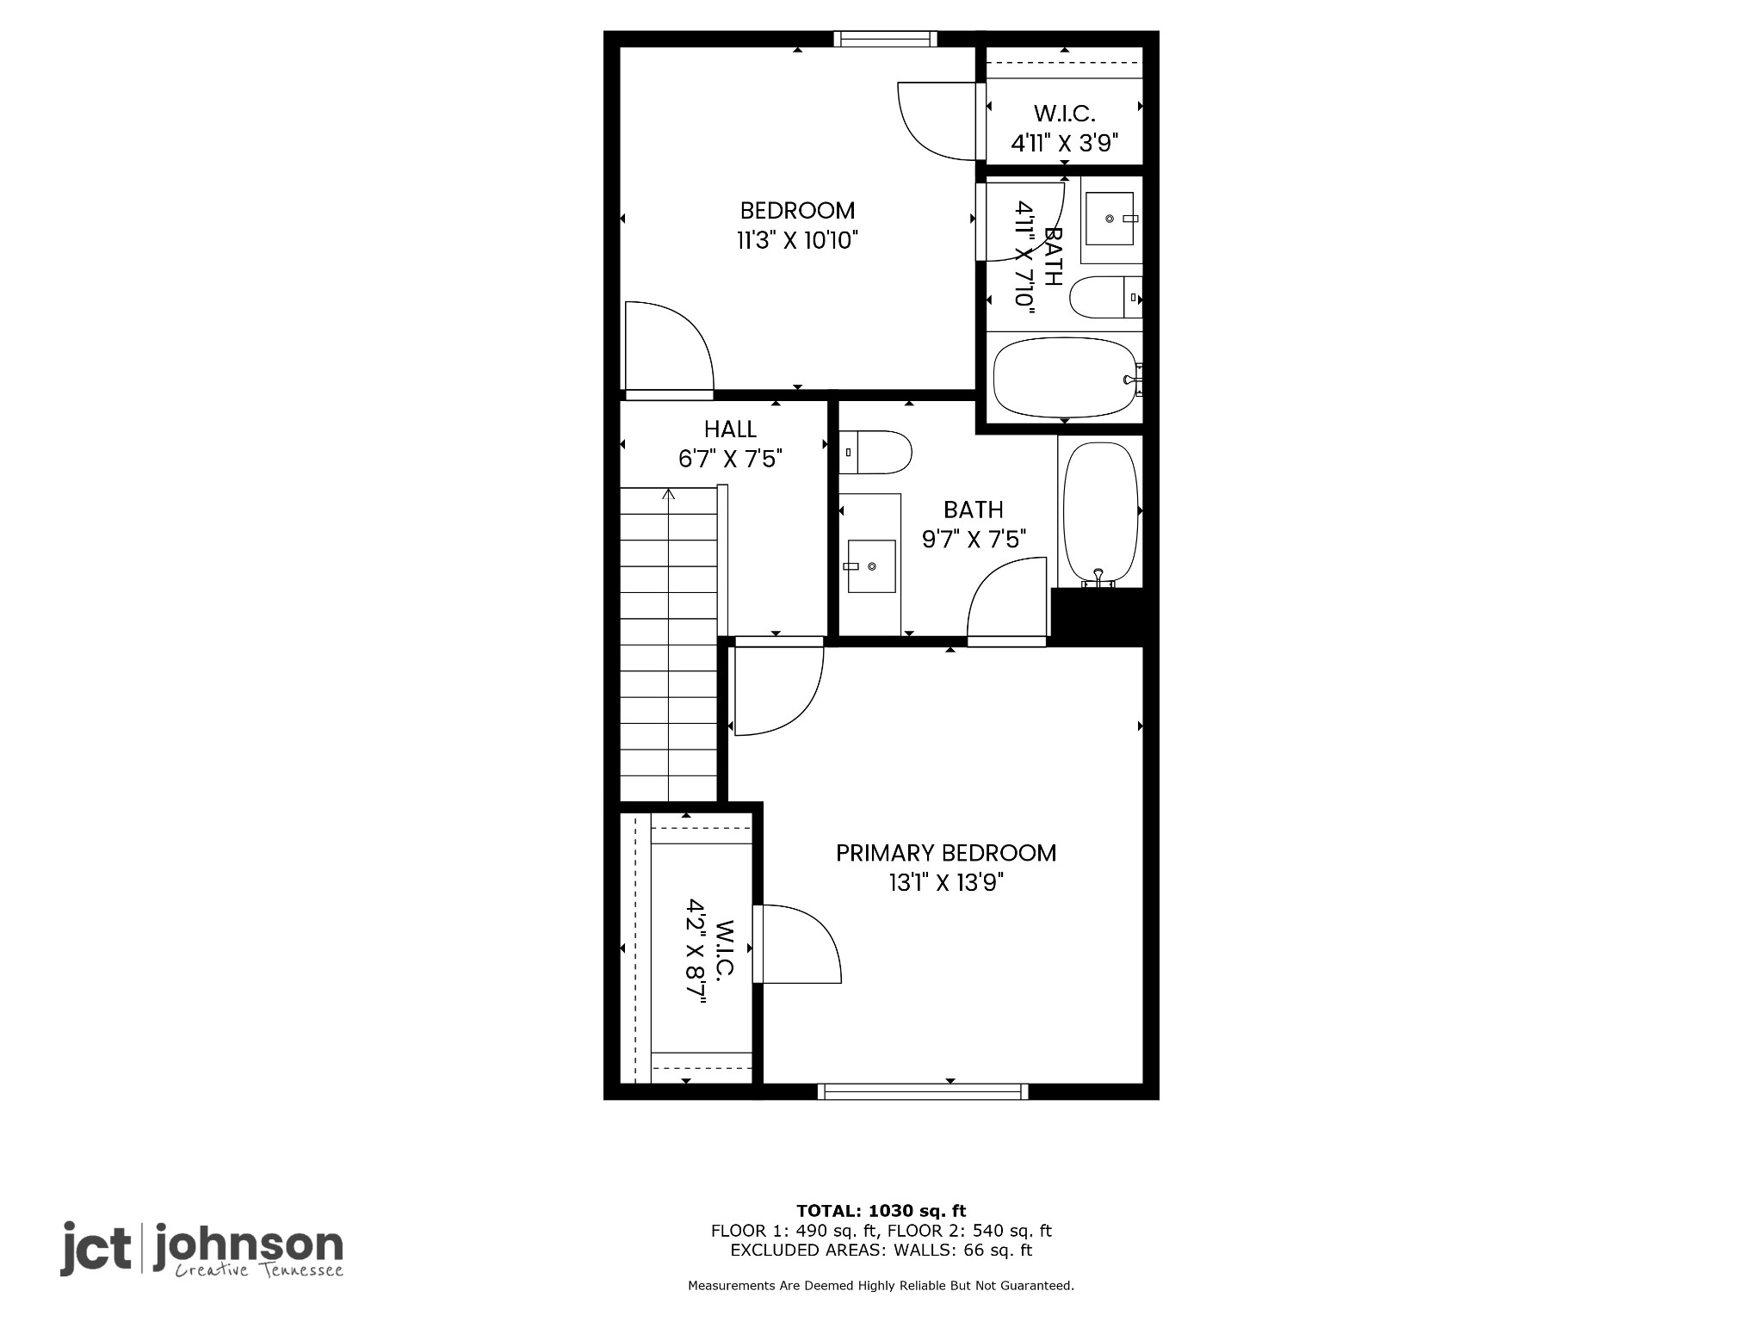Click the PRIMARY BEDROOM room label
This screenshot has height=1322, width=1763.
click(946, 853)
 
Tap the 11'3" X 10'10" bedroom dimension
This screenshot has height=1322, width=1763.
click(797, 240)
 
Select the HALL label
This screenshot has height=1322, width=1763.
click(730, 429)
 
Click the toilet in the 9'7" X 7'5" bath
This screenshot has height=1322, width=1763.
click(875, 452)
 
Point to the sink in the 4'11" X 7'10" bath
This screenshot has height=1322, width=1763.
click(1111, 219)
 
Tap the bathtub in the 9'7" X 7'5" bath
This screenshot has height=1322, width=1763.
click(1101, 514)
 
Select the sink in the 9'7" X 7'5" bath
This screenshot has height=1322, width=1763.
click(870, 565)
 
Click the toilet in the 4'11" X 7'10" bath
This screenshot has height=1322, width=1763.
click(1106, 298)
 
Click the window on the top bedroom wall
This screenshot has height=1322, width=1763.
click(885, 39)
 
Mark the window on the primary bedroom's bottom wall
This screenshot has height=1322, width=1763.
click(923, 1091)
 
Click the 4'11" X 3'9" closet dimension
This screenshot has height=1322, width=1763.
click(1064, 143)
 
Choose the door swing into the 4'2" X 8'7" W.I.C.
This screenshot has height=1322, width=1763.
click(797, 943)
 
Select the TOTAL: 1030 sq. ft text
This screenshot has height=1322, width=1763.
click(881, 1211)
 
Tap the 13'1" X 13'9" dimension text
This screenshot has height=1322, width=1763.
click(946, 882)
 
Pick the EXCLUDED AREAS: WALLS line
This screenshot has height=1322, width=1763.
click(881, 1251)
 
